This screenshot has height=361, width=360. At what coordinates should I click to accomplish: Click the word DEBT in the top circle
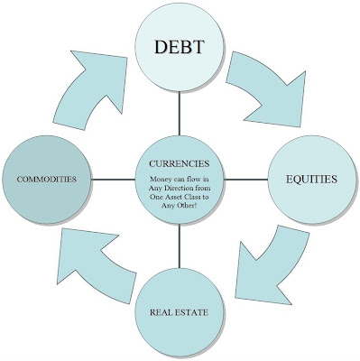click(180, 47)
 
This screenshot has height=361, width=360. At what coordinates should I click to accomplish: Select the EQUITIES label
click(311, 180)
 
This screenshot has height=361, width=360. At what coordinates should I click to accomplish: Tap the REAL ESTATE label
click(179, 312)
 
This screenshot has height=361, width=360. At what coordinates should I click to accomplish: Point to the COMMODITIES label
click(47, 180)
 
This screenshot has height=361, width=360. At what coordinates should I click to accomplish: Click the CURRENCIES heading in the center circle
click(180, 163)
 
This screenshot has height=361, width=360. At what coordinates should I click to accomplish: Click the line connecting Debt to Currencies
click(180, 114)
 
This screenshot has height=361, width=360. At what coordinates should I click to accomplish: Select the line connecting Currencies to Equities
click(246, 180)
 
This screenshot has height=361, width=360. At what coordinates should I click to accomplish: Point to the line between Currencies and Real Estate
click(180, 246)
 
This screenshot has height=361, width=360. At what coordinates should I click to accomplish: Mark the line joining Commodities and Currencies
click(113, 180)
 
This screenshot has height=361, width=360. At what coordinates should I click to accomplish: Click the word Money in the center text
click(161, 180)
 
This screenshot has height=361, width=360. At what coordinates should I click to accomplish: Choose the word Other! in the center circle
click(188, 206)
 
